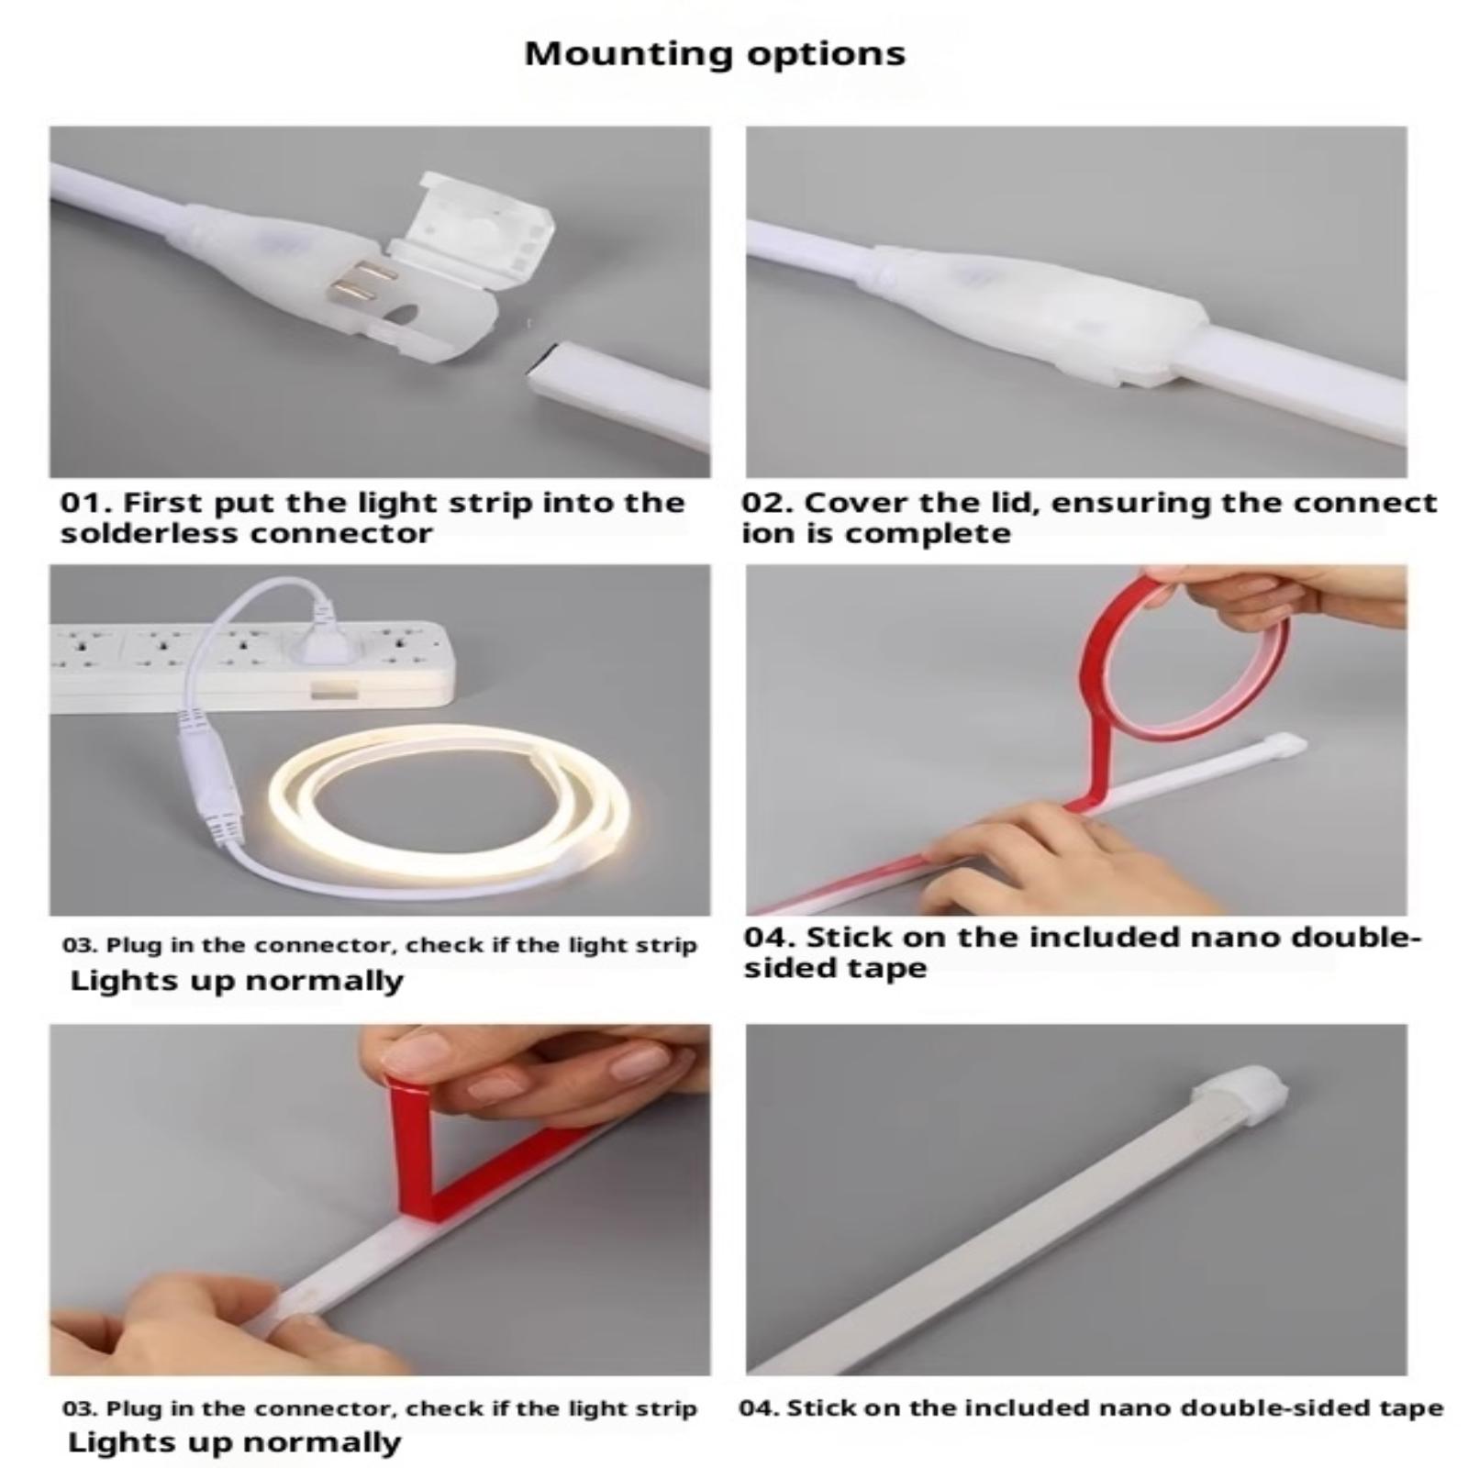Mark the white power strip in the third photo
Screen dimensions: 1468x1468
click(252, 670)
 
